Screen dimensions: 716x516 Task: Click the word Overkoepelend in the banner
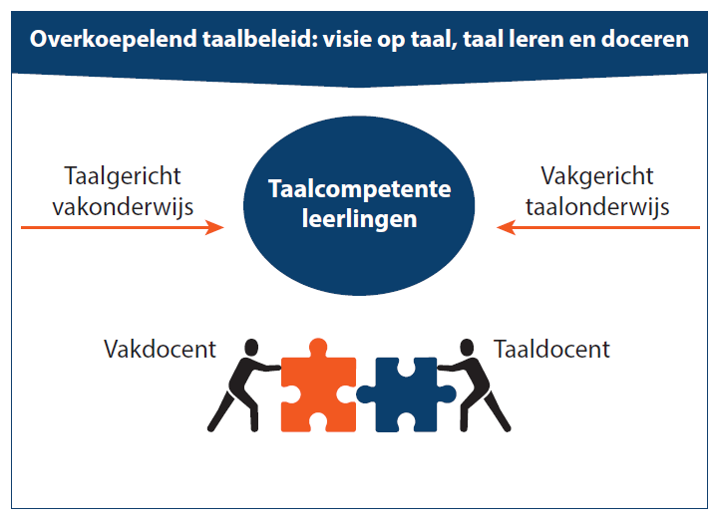(114, 39)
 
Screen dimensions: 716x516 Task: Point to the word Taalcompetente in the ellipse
(359, 189)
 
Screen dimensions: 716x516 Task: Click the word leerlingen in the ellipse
(359, 219)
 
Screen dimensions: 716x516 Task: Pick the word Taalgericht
(123, 176)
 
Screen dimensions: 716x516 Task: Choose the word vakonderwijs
(123, 207)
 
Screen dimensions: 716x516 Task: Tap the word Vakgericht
(597, 176)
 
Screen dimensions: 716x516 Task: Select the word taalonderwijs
(597, 207)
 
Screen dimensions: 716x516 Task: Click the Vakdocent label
(160, 350)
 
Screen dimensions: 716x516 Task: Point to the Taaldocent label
(551, 350)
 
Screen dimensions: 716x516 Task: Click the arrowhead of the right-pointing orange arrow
(215, 227)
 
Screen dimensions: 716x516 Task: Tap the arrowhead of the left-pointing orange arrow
(506, 227)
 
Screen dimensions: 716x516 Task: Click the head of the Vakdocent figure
(251, 348)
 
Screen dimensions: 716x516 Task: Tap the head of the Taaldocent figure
(467, 348)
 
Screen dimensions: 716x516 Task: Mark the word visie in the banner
(346, 39)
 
